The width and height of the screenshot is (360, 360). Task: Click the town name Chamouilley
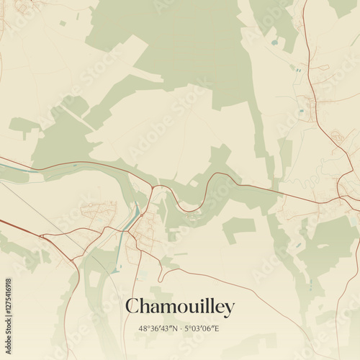click(x=180, y=307)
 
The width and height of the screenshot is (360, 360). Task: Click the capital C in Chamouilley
click(x=132, y=307)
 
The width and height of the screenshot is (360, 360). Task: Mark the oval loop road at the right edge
click(x=336, y=135)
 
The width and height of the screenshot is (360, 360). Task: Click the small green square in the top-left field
click(x=63, y=23)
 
